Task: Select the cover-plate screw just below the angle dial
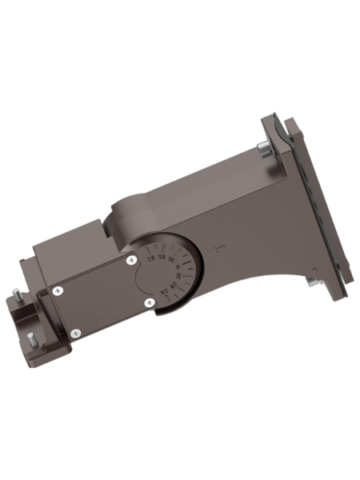coord(149,302)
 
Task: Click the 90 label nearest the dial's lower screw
coord(166,290)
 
